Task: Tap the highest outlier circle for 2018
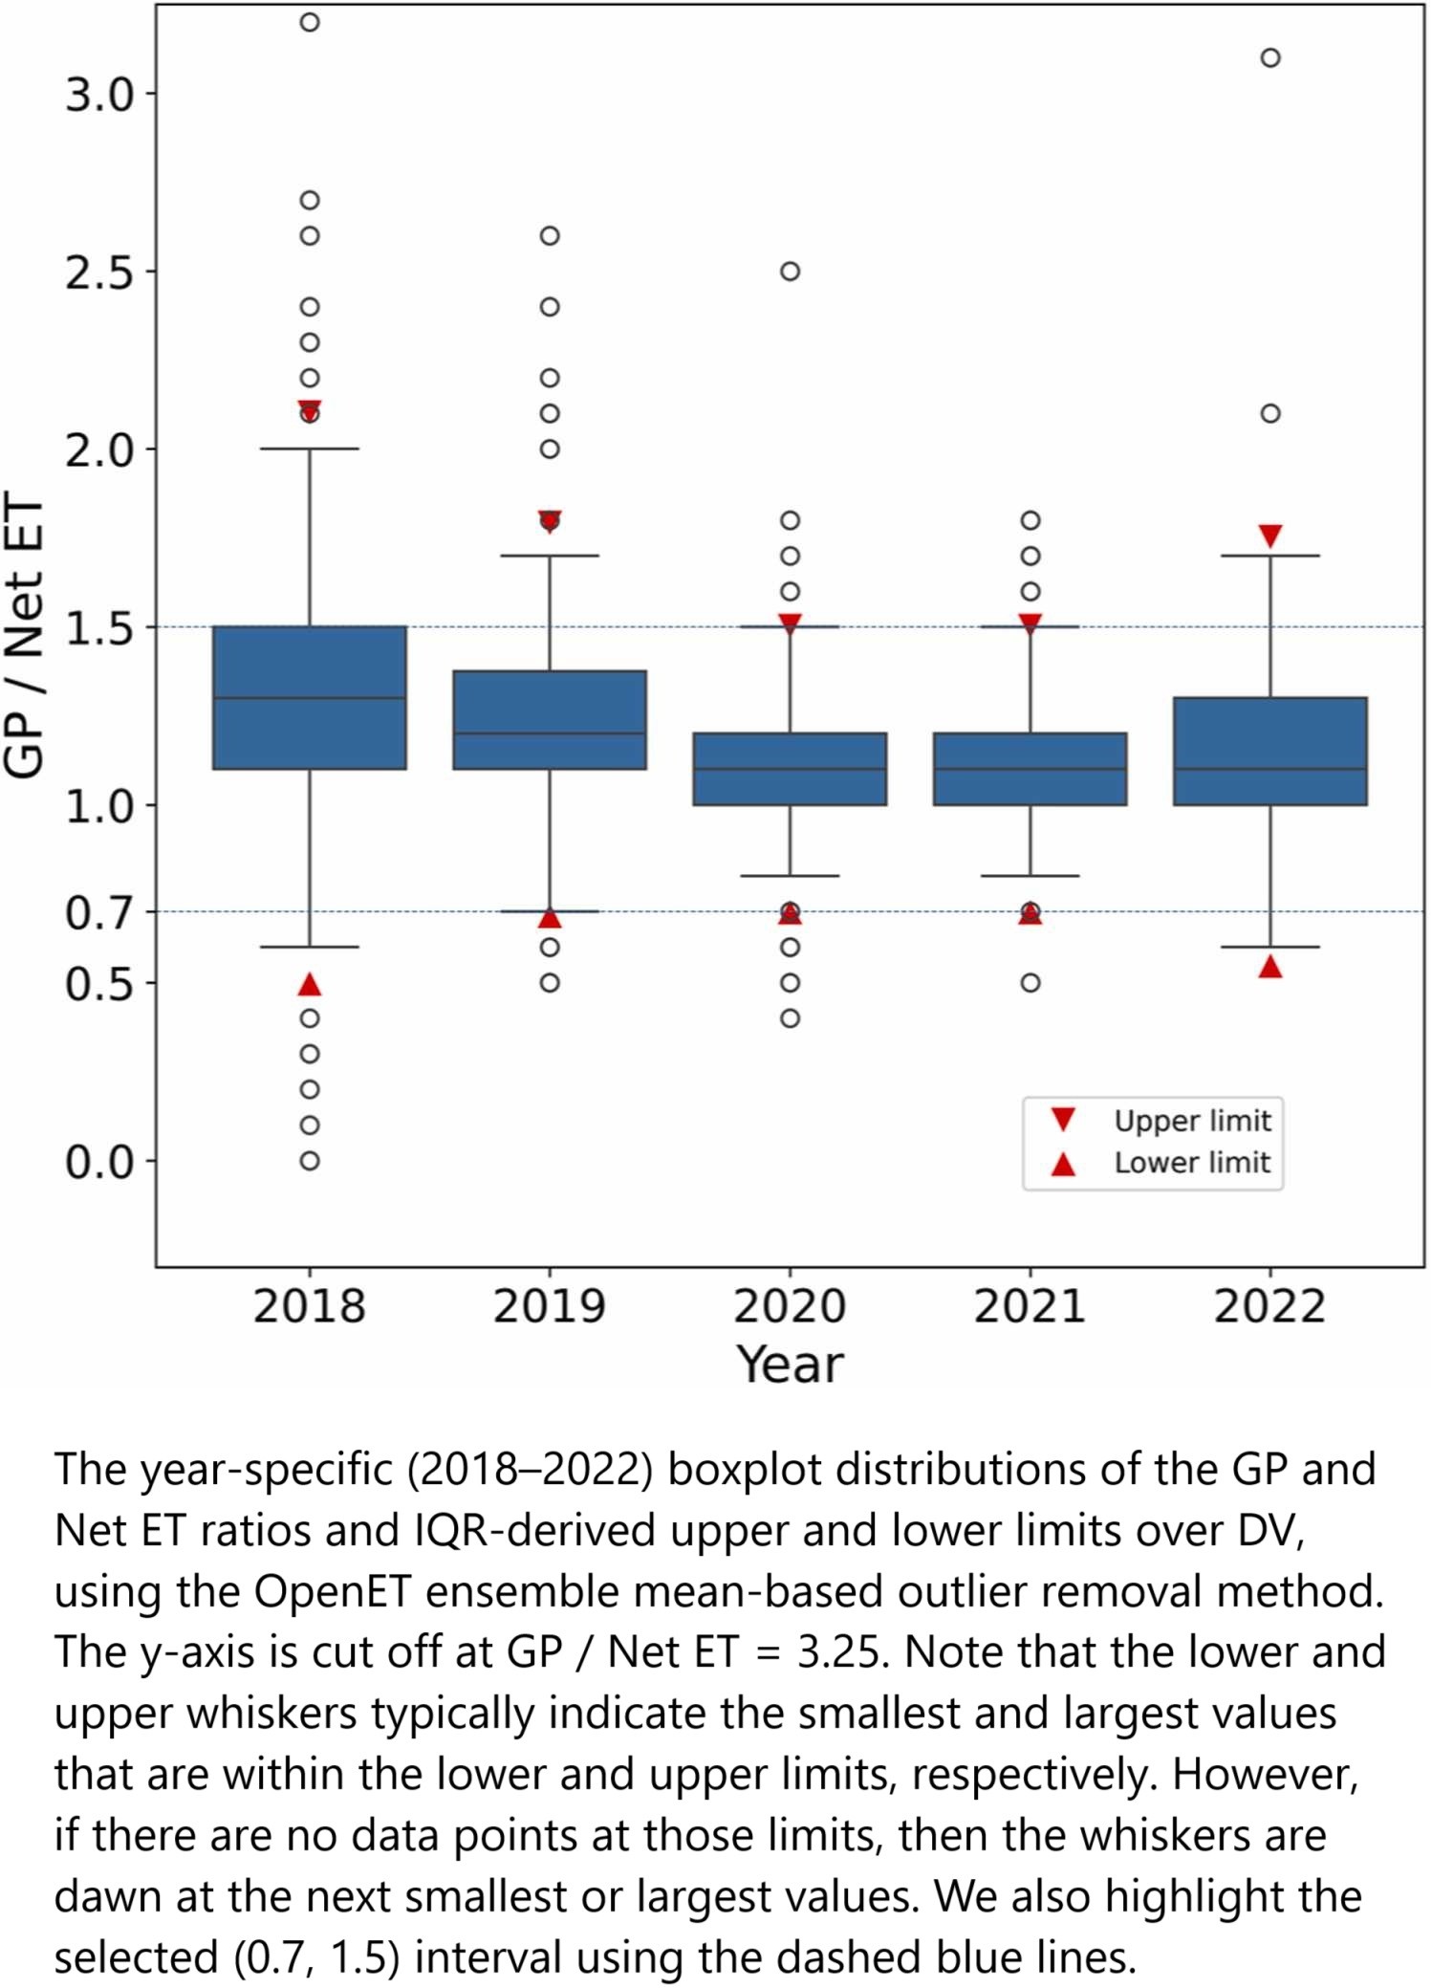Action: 310,22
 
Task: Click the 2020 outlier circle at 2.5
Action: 790,272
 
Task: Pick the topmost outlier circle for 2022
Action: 1269,58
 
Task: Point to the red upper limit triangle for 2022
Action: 1269,535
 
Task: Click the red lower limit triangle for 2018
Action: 310,985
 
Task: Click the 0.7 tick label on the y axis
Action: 98,913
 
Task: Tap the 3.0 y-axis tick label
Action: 98,95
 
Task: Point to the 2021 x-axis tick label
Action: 1030,1306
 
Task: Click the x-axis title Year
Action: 790,1365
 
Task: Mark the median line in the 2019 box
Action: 550,733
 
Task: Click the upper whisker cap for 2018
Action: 310,448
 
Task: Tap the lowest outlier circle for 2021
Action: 1030,983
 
